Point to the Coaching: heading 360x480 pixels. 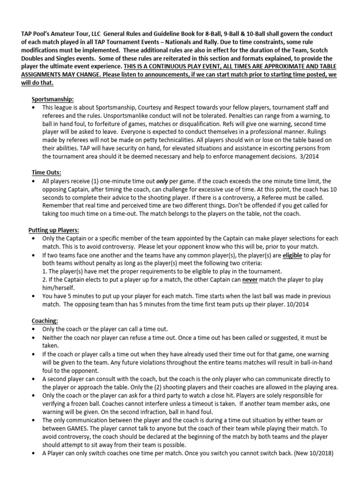click(45, 321)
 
